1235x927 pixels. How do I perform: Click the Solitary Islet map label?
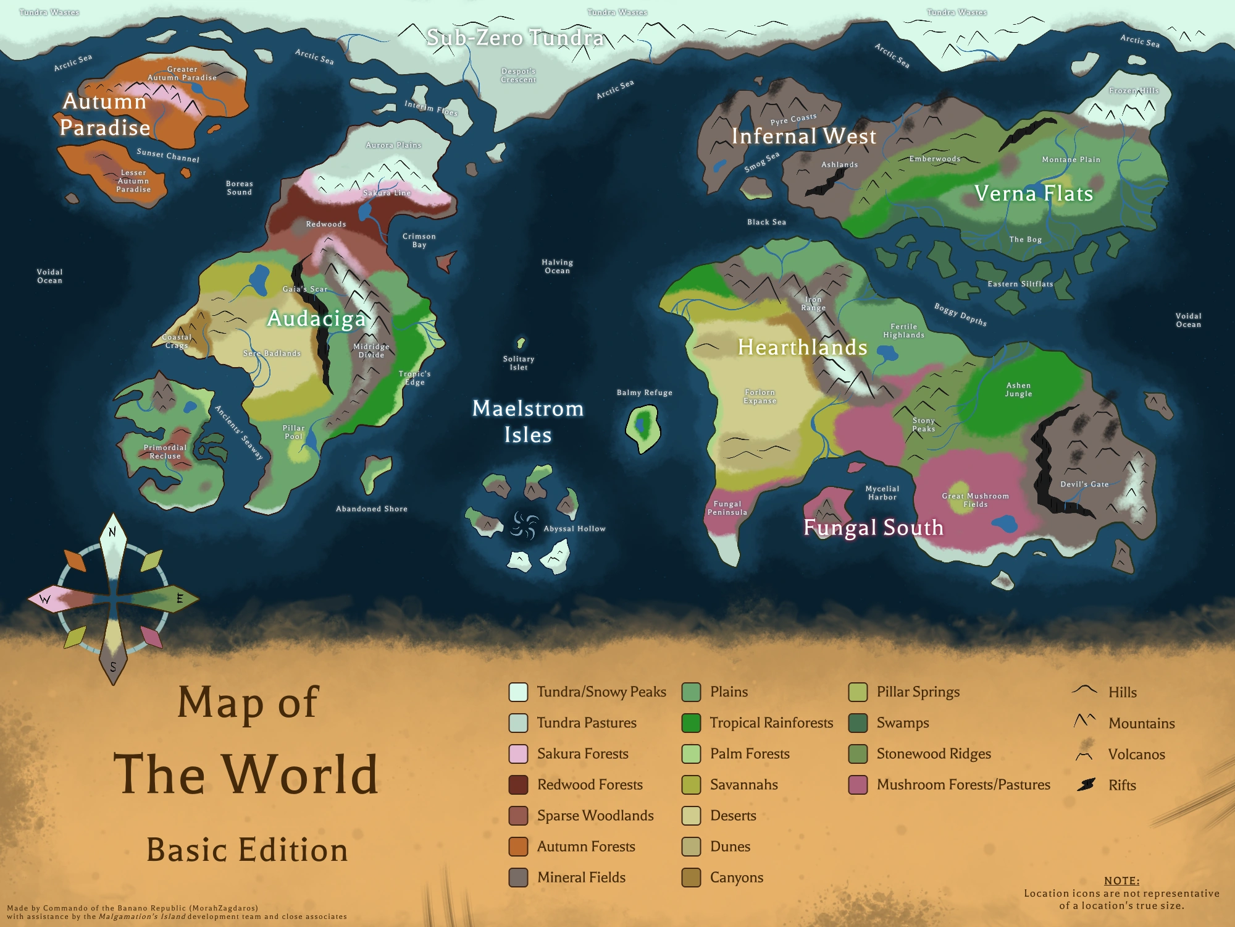click(x=519, y=363)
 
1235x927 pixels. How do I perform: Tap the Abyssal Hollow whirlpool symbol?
click(x=524, y=526)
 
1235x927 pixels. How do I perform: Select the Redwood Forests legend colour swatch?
click(x=518, y=785)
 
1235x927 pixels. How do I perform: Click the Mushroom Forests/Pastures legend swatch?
click(x=858, y=785)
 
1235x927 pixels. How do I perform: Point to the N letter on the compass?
click(x=112, y=531)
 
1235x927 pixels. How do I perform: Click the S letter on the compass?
click(x=113, y=667)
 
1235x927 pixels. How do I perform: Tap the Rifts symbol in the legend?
click(x=1086, y=785)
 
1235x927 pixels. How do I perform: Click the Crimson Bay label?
click(x=419, y=240)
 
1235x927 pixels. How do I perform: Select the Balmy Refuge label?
click(x=644, y=392)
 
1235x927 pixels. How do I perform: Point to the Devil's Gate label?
click(x=1084, y=485)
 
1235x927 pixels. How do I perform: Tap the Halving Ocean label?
click(x=557, y=266)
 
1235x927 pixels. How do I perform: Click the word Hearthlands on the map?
click(x=803, y=347)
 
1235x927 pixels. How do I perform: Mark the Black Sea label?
click(x=766, y=222)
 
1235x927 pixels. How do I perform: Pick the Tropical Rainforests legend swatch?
click(x=691, y=723)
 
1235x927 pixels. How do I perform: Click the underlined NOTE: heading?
click(x=1121, y=881)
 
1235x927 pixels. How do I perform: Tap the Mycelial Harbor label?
click(x=882, y=493)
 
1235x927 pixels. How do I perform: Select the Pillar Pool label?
click(x=294, y=432)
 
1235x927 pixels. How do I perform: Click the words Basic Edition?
click(x=247, y=850)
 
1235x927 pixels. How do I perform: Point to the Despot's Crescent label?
click(x=519, y=75)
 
